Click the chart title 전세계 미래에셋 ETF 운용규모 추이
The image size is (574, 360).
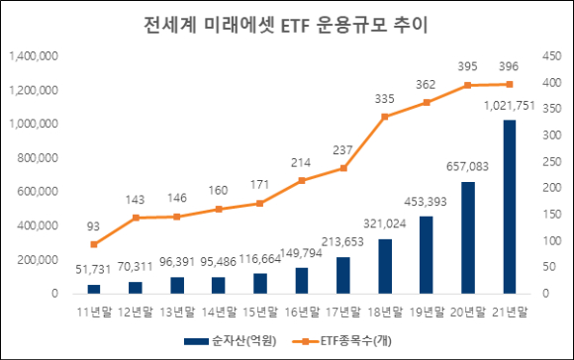[x=286, y=26]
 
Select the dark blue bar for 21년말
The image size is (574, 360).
[x=510, y=207]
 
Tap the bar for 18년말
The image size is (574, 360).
[x=385, y=266]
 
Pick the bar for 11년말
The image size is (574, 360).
[x=94, y=289]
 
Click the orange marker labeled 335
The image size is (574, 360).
[x=385, y=117]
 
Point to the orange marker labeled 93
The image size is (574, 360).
[x=94, y=244]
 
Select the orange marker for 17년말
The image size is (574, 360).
[x=343, y=168]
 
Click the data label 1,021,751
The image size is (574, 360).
[x=510, y=106]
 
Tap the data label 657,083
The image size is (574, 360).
[x=467, y=167]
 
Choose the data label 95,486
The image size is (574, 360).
[x=218, y=262]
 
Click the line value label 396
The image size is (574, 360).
[x=509, y=66]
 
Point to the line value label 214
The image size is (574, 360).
[x=301, y=162]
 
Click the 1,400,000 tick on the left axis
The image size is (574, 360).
[x=34, y=56]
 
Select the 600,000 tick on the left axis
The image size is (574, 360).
[x=38, y=191]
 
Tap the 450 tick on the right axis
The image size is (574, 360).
[x=552, y=56]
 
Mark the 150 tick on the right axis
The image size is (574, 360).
[x=552, y=214]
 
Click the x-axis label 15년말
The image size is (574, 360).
[x=260, y=313]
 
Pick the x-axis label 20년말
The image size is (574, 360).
[x=467, y=313]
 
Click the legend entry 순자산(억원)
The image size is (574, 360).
[x=231, y=341]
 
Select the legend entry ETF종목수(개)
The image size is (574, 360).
[x=341, y=341]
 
